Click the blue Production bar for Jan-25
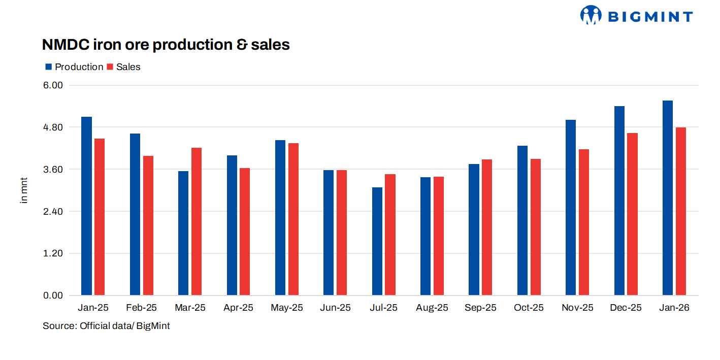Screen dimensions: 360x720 click(x=86, y=206)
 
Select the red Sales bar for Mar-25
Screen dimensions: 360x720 click(x=197, y=221)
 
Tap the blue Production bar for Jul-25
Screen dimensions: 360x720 click(x=377, y=241)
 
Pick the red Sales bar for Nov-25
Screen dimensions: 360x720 click(x=584, y=222)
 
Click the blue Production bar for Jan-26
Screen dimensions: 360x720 click(x=668, y=198)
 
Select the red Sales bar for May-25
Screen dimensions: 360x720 click(x=293, y=219)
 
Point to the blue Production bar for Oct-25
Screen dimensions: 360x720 click(x=522, y=220)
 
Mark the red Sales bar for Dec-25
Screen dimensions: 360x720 click(x=632, y=214)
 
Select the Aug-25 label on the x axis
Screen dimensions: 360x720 click(x=432, y=308)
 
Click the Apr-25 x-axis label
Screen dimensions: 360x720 click(x=238, y=308)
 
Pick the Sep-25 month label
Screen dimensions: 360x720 click(x=480, y=308)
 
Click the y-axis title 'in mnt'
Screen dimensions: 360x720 click(x=24, y=190)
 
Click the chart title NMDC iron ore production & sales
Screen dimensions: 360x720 click(x=166, y=45)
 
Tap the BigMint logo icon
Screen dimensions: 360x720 click(x=591, y=15)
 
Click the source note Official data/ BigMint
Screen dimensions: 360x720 click(x=106, y=326)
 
